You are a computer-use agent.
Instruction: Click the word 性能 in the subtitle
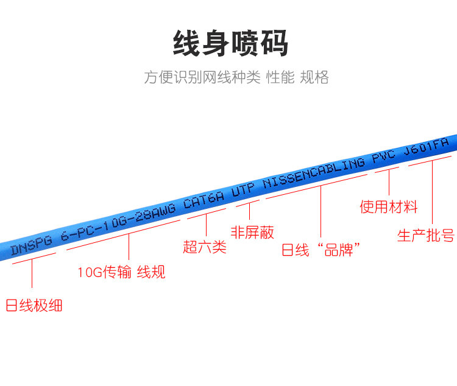pos(280,77)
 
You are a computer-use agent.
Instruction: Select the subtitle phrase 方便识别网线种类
pos(202,77)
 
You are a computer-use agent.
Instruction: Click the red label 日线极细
pos(34,305)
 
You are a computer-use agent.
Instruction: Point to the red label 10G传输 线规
pos(121,272)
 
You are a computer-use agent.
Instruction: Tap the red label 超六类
pos(205,247)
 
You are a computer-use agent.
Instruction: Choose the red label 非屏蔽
pos(252,232)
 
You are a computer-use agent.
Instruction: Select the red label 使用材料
pos(389,207)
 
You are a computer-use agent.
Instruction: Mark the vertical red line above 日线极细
pos(31,274)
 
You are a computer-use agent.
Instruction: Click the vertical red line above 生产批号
pos(433,192)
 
